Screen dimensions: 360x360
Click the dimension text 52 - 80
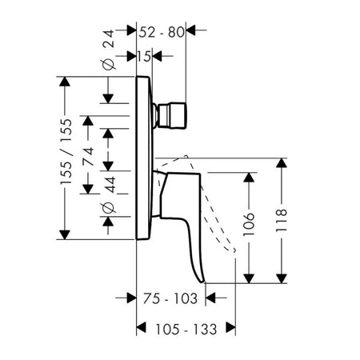[162, 33]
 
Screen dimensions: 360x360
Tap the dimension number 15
[144, 57]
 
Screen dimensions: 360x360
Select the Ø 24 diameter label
[109, 50]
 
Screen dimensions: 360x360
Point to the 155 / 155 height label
[66, 151]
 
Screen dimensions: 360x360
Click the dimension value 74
[88, 156]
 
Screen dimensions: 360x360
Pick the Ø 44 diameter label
[109, 194]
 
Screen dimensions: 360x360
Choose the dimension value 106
[249, 224]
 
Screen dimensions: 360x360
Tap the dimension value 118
[282, 220]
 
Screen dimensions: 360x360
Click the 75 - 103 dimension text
[170, 298]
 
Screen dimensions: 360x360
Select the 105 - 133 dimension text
[186, 330]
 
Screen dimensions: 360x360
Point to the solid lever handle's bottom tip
[202, 282]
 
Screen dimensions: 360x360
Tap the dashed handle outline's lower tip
[234, 250]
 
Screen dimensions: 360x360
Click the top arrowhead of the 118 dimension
[282, 162]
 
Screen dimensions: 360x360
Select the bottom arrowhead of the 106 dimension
[249, 278]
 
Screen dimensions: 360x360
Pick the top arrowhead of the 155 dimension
[65, 82]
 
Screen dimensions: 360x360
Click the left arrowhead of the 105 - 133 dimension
[142, 327]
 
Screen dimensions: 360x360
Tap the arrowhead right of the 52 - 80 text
[190, 30]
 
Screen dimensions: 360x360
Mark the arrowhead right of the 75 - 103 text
[210, 298]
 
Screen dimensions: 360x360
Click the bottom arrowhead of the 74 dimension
[88, 189]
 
